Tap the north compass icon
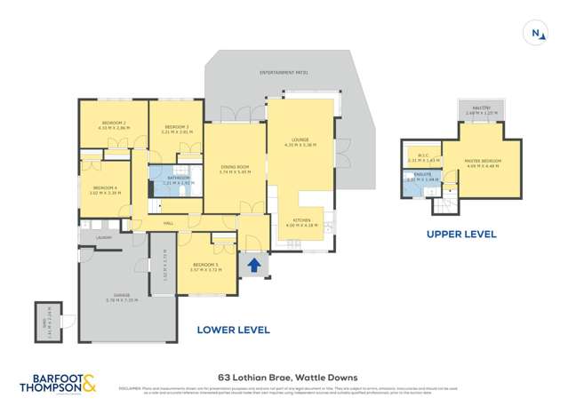click(x=536, y=34)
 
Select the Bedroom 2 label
click(x=114, y=123)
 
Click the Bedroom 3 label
click(x=176, y=126)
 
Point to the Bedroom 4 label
click(x=105, y=187)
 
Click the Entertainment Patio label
click(x=284, y=71)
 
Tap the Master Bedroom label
click(x=483, y=161)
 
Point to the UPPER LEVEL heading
click(x=460, y=235)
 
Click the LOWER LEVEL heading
click(x=232, y=330)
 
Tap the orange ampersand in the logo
click(x=92, y=383)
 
